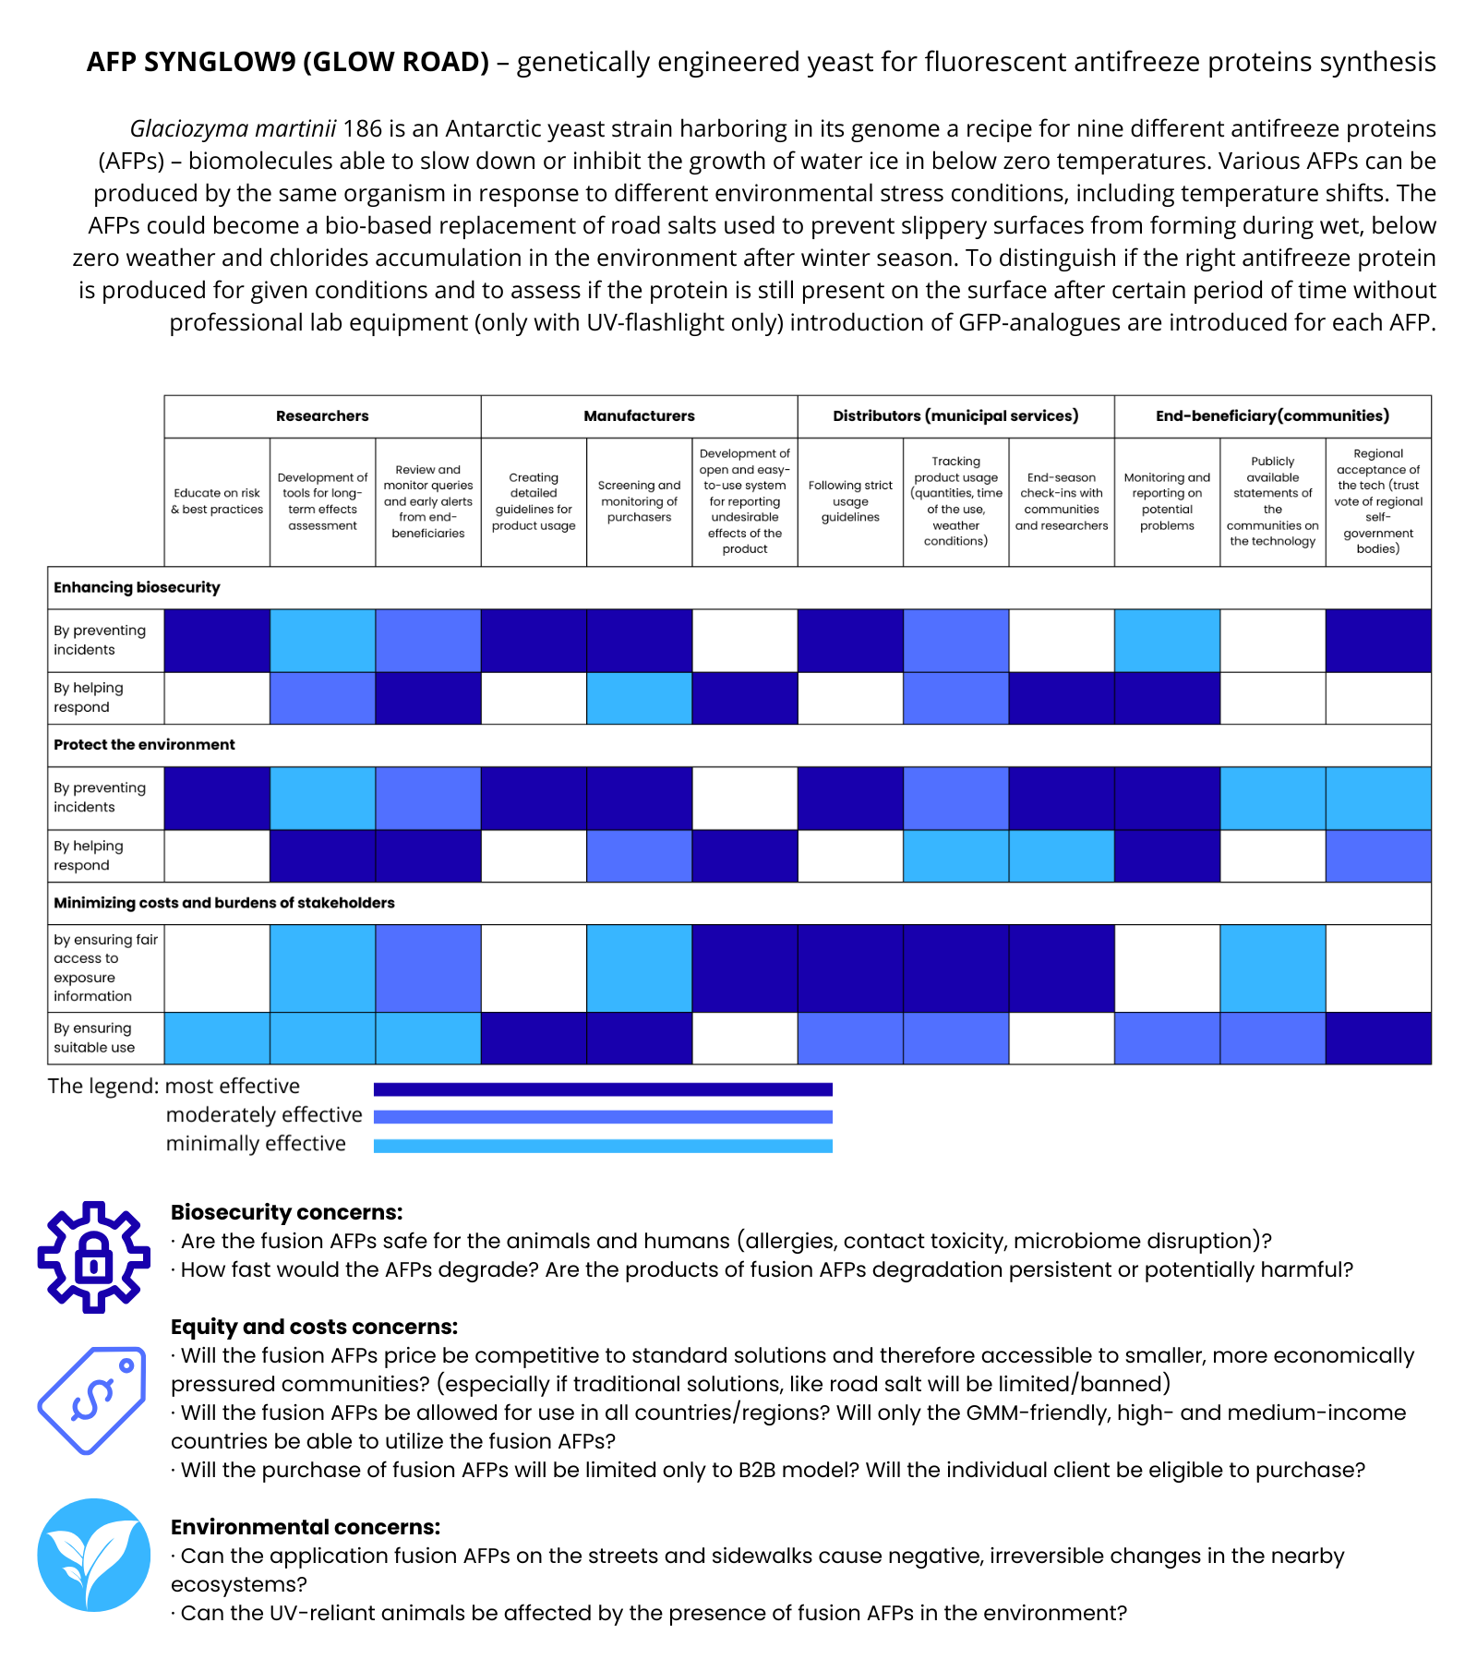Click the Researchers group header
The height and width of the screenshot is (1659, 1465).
click(322, 416)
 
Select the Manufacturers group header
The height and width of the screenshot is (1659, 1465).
click(639, 416)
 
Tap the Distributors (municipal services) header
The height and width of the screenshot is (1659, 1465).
click(955, 416)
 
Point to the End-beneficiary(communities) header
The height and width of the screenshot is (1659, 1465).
click(1272, 416)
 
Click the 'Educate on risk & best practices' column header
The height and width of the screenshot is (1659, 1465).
click(217, 501)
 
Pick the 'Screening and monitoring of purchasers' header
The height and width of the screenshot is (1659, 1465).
click(639, 501)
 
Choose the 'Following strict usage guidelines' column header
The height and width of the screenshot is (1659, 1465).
click(850, 501)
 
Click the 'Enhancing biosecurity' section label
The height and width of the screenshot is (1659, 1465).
click(137, 588)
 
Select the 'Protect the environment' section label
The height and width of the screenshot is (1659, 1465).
click(144, 745)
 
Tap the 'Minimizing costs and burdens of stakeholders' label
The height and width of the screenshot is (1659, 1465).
click(224, 903)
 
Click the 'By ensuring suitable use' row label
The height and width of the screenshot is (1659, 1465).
click(93, 1038)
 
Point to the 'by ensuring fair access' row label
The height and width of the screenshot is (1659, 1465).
click(105, 968)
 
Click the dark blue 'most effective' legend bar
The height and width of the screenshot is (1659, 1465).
click(603, 1089)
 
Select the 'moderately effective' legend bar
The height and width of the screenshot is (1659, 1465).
click(603, 1117)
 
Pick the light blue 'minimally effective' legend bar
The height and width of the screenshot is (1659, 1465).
click(603, 1146)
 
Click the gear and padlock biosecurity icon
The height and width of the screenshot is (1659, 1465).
click(93, 1256)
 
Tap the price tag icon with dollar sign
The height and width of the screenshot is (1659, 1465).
click(92, 1400)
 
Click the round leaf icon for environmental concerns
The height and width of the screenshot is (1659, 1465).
click(93, 1555)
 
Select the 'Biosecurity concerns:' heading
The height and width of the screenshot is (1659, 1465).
click(286, 1212)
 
